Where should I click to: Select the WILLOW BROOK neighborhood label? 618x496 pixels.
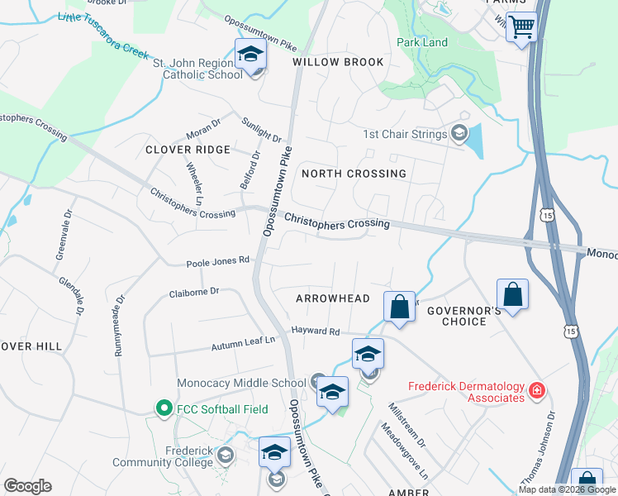[337, 62]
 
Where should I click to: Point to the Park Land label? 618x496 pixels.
[421, 42]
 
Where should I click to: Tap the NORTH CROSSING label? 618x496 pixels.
[354, 174]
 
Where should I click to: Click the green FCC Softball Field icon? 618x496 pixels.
[164, 408]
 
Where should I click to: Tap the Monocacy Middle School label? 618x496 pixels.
[241, 383]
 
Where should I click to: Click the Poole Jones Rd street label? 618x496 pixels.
[216, 260]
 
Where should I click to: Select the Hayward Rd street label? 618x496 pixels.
[315, 331]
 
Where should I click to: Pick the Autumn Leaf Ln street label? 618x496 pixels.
[242, 346]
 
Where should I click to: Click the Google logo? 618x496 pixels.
[27, 486]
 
